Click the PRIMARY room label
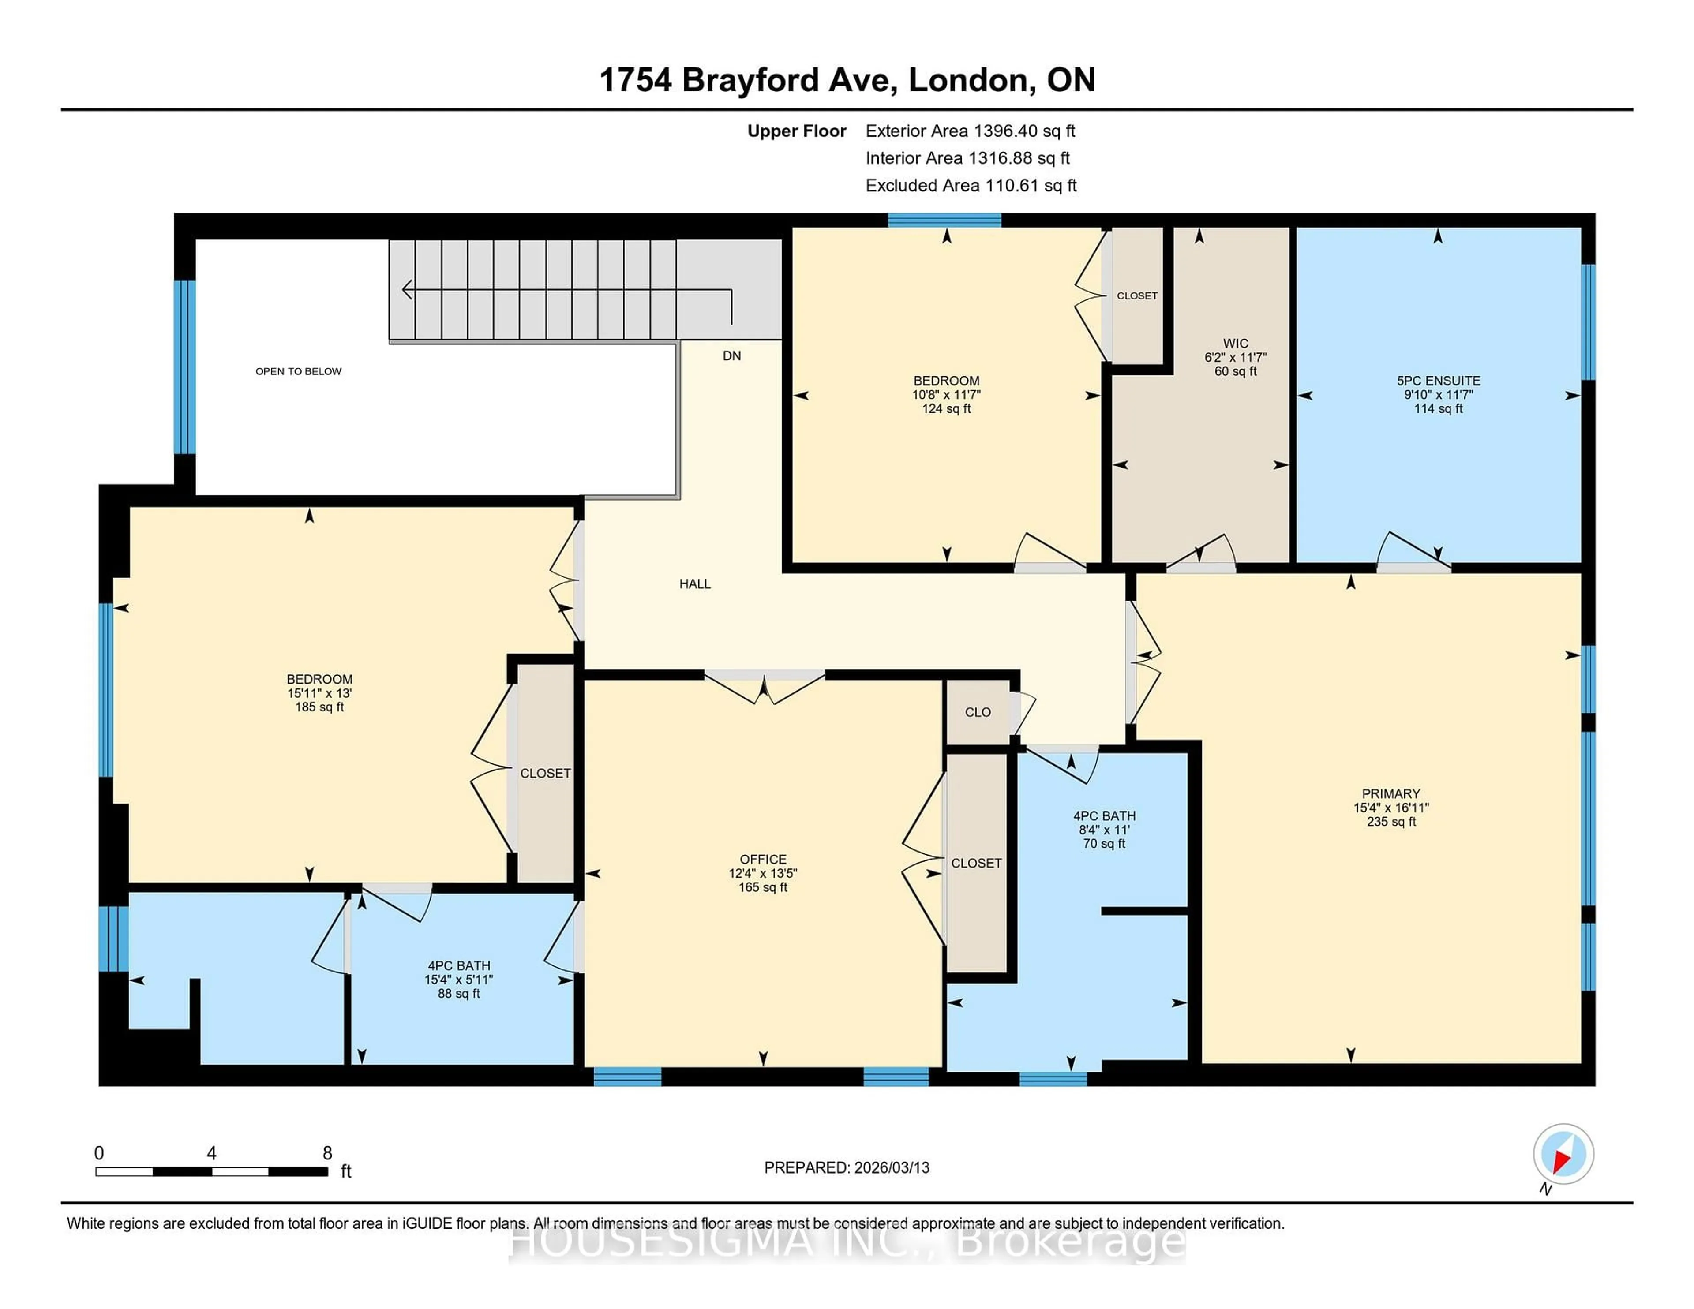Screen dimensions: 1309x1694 [x=1391, y=793]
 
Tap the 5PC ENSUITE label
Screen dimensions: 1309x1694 [x=1438, y=381]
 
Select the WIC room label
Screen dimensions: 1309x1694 [x=1236, y=344]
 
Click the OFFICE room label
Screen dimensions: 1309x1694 [x=762, y=859]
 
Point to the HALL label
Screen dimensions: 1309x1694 [x=695, y=584]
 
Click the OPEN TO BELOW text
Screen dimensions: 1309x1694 [x=299, y=371]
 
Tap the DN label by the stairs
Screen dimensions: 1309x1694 [x=731, y=356]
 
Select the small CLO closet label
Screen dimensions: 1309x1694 [x=977, y=712]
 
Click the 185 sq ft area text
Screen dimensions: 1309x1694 [x=319, y=707]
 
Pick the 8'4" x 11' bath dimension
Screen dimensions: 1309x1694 [x=1104, y=830]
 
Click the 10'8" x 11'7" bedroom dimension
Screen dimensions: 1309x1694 [x=946, y=395]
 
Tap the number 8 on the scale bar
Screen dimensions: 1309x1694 [x=327, y=1153]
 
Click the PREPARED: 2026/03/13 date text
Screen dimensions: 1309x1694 [x=846, y=1168]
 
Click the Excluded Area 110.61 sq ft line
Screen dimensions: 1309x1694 [x=971, y=185]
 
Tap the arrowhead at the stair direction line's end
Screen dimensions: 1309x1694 [x=406, y=290]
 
